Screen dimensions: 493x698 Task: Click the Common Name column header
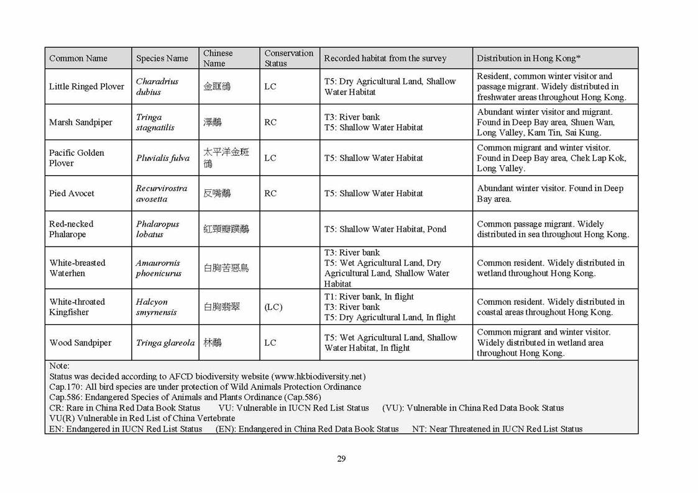78,58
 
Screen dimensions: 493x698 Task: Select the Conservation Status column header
288,58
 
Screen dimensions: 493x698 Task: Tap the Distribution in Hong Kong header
528,58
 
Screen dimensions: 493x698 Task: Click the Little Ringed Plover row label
86,86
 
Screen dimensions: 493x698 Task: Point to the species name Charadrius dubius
157,86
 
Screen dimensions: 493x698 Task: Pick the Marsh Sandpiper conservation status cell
270,122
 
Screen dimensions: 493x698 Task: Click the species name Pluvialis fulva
163,158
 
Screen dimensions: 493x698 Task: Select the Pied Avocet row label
71,193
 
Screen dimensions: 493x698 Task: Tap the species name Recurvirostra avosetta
162,193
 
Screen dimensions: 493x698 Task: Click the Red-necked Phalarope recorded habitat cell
385,229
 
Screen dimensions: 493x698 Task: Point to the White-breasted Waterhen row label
78,268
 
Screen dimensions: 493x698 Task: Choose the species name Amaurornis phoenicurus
159,268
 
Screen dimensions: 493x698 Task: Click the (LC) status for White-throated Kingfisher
273,307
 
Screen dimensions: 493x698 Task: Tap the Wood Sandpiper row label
80,343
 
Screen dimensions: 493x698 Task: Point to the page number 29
341,459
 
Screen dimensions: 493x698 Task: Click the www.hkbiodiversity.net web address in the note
318,377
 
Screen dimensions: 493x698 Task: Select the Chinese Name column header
218,58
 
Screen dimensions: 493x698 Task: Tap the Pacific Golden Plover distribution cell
551,158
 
